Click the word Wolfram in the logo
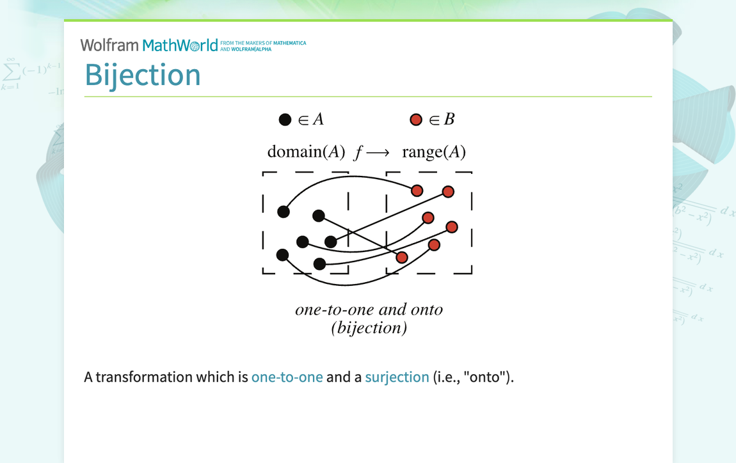click(x=109, y=45)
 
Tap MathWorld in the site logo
click(x=180, y=45)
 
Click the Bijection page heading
click(x=143, y=75)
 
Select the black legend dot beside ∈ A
click(x=285, y=120)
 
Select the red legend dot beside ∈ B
click(x=415, y=120)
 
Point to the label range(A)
click(x=433, y=152)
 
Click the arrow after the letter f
click(x=378, y=153)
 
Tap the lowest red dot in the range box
click(x=402, y=257)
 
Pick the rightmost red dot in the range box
click(x=452, y=227)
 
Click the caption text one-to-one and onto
click(x=369, y=310)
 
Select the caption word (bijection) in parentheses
click(x=369, y=328)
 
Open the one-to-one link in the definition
click(x=287, y=377)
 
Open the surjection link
click(x=397, y=377)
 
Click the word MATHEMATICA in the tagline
click(x=289, y=43)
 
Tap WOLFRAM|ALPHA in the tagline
click(x=251, y=49)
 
